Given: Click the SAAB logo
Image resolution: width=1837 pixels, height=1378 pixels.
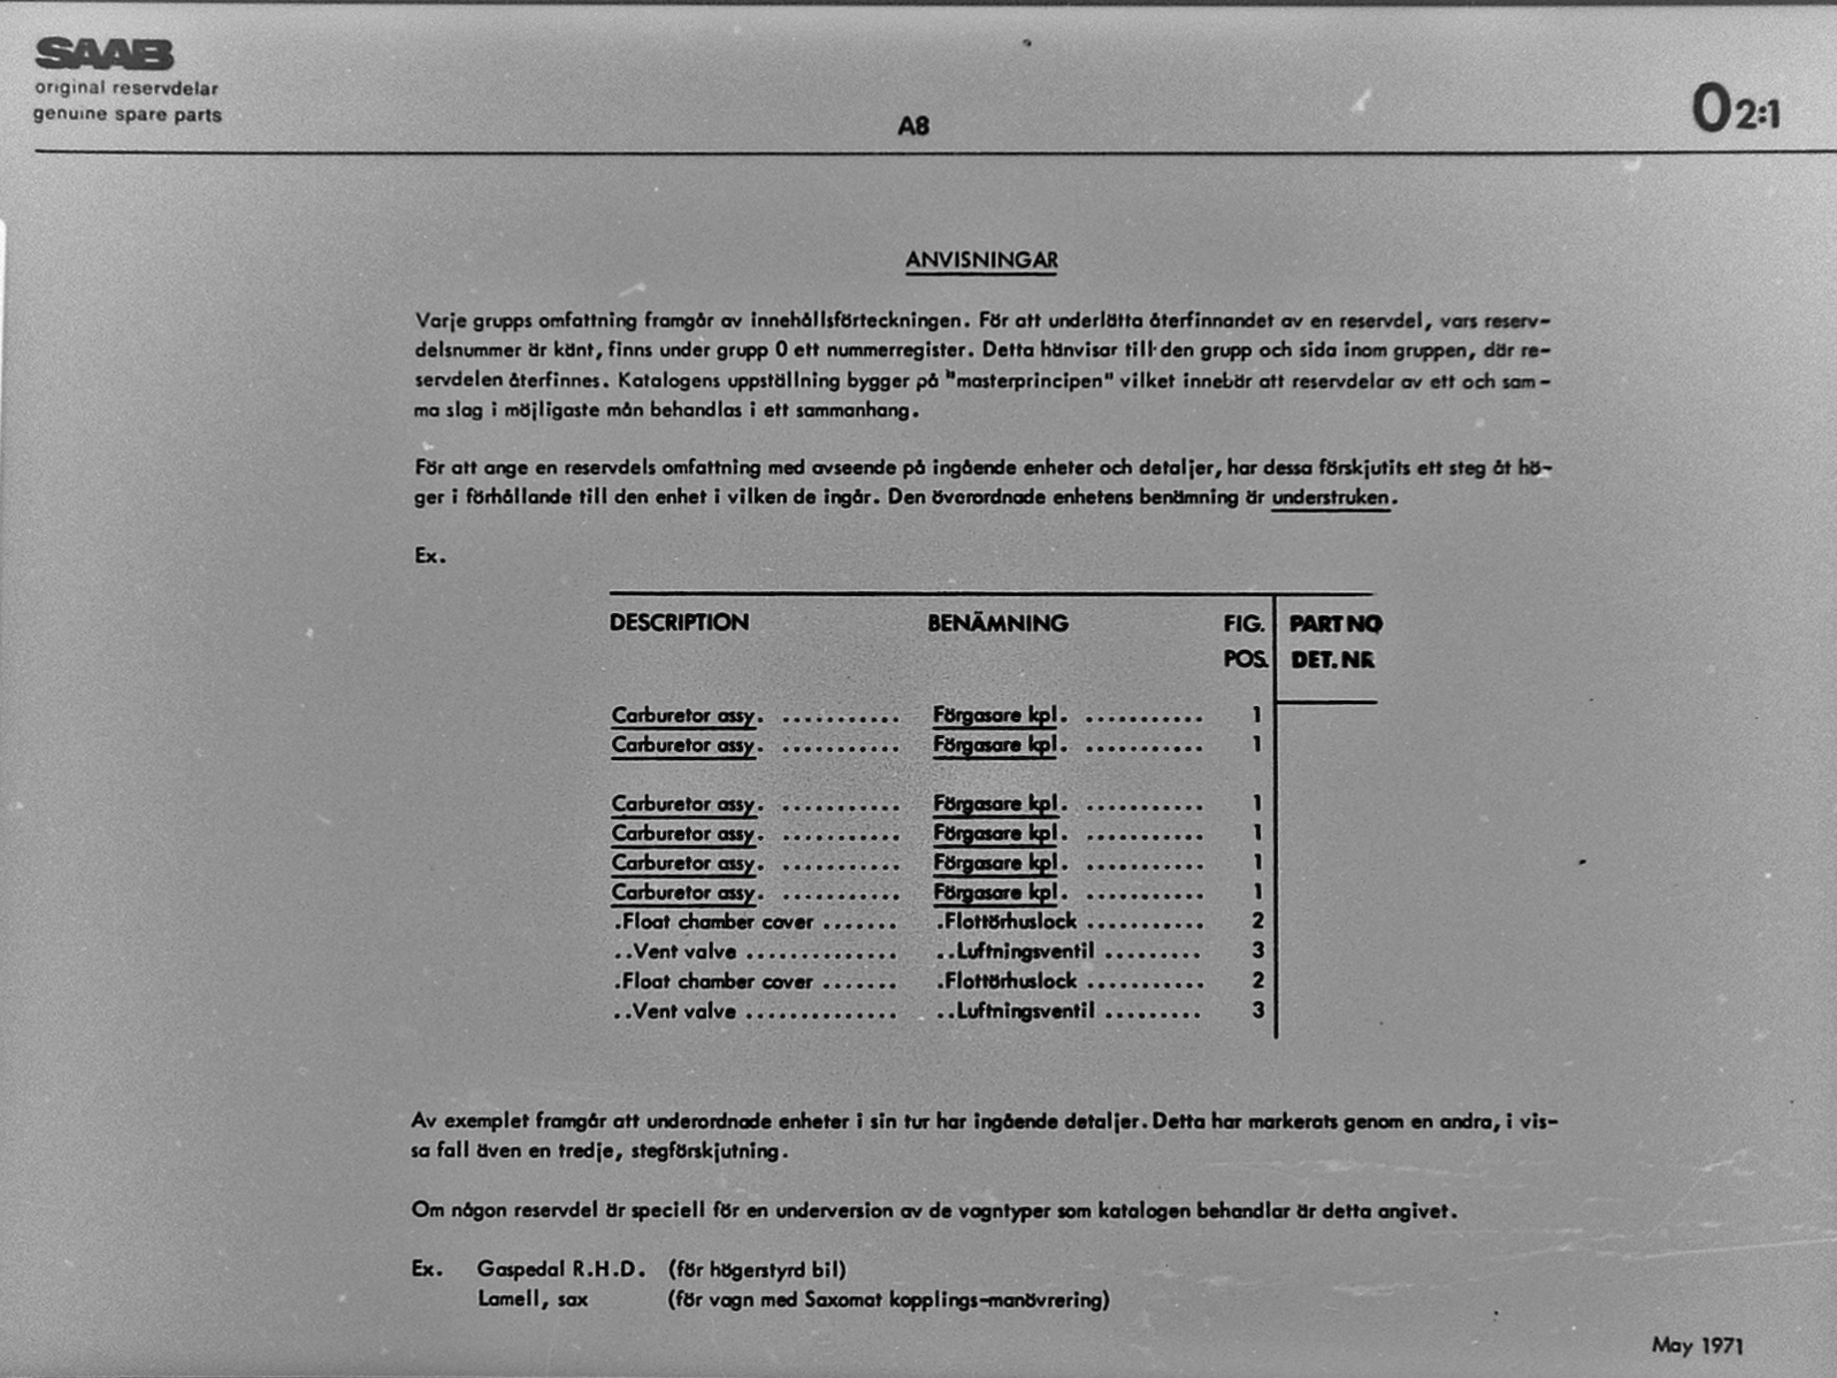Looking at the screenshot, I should point(104,54).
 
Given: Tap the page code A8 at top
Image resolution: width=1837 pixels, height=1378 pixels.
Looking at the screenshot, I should point(913,126).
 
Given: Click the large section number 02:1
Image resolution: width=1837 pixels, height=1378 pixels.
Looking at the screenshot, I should point(1734,109).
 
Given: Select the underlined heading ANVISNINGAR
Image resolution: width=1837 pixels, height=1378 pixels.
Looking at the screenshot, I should point(981,261).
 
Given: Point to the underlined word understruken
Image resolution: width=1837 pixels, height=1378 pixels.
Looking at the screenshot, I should point(1330,497).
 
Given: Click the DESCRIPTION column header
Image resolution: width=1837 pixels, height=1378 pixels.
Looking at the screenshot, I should point(679,622).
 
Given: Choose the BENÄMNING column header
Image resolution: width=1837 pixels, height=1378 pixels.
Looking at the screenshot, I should point(997,623).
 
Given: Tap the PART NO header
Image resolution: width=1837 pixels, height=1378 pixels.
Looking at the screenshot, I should point(1335,624).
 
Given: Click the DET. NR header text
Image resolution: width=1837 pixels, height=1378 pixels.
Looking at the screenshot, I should point(1332,660).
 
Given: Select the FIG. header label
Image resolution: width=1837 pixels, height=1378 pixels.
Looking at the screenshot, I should point(1243,624).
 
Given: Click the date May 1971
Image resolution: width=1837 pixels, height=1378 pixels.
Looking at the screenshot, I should point(1697,1345).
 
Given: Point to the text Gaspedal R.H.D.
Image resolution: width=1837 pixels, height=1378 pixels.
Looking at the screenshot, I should point(561,1269).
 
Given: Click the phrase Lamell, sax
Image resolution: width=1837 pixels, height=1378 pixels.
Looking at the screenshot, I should point(533,1299).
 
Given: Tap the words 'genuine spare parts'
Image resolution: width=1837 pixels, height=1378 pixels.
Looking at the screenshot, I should point(128,115).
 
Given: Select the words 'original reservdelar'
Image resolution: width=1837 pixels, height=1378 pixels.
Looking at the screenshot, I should point(127,88).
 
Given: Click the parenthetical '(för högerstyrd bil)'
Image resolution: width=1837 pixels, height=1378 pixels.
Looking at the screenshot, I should point(757,1269).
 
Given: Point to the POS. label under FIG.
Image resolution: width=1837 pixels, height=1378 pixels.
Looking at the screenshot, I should point(1245,660).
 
